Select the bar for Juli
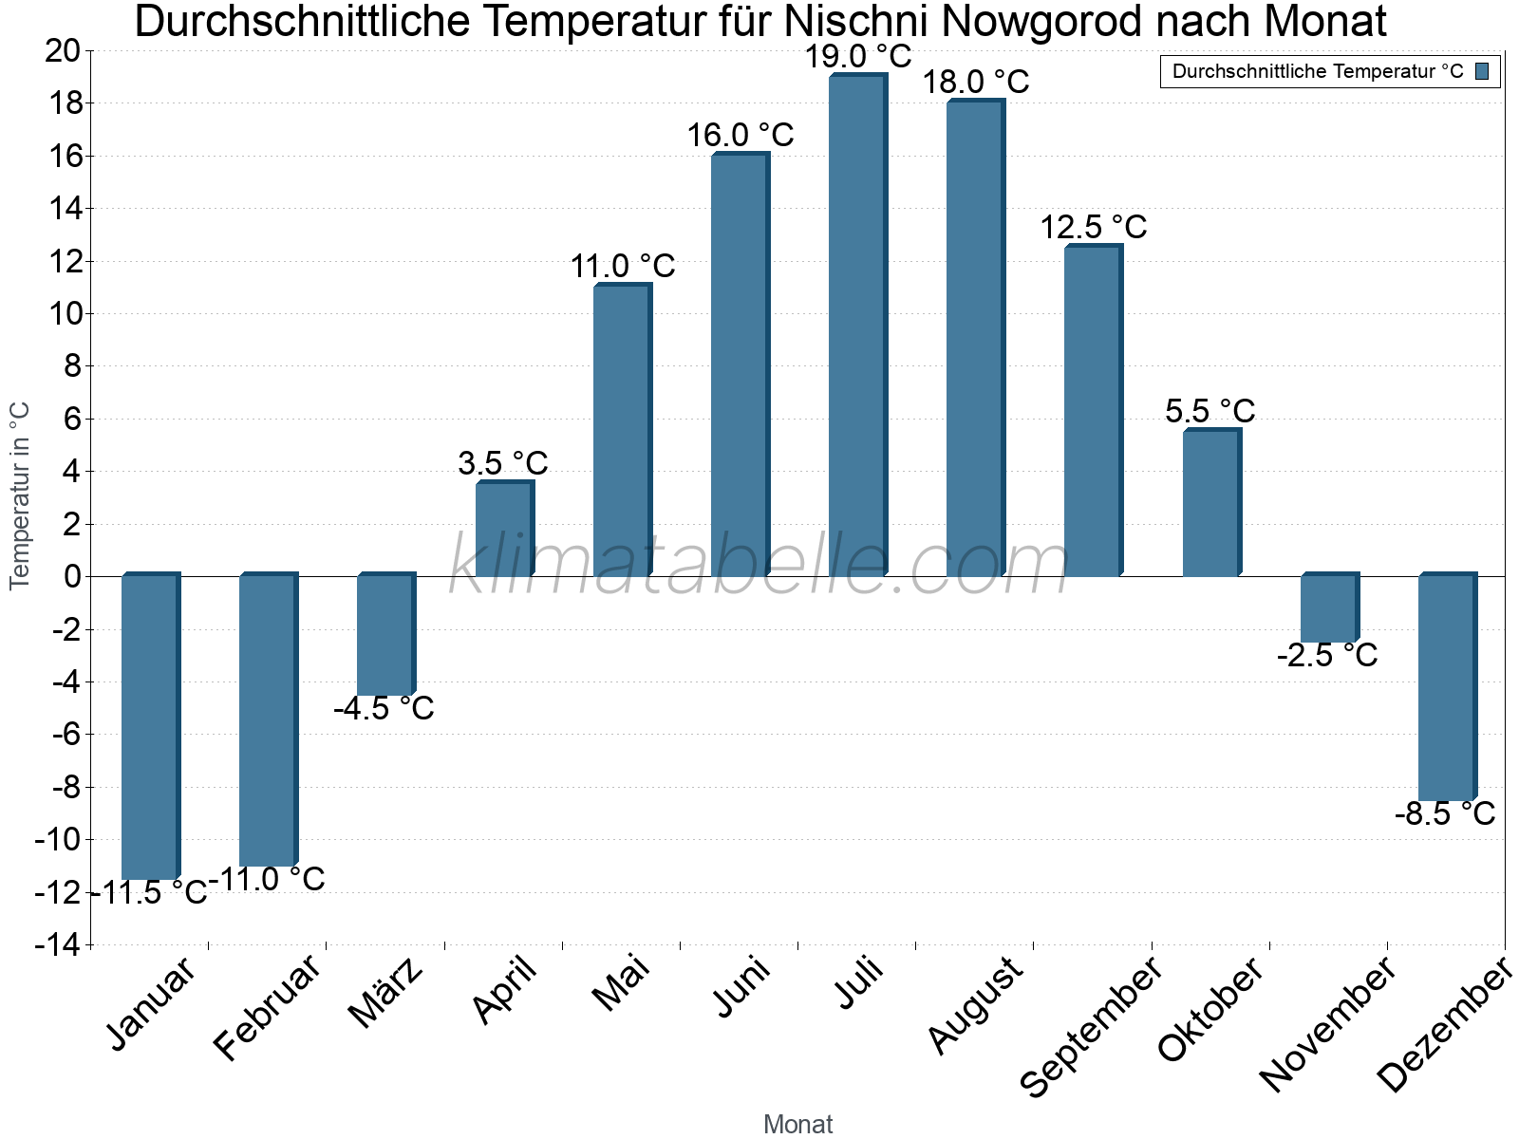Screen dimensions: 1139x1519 (857, 326)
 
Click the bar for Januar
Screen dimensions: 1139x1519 (150, 727)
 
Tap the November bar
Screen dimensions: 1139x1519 (1328, 608)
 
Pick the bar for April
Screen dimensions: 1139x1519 (504, 529)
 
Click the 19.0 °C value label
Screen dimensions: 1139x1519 (857, 56)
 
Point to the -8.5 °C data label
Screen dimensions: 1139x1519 (1444, 814)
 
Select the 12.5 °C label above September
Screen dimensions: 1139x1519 (1093, 228)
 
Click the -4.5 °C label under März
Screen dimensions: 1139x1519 (384, 708)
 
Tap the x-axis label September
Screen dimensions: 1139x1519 (1092, 1027)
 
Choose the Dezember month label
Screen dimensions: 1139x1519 (1444, 1025)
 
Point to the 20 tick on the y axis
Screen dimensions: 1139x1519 (63, 51)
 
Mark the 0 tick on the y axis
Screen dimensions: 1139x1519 (73, 577)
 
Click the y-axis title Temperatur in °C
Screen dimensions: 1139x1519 (20, 495)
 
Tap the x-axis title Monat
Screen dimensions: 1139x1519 (797, 1125)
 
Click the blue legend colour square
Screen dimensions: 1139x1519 (1482, 71)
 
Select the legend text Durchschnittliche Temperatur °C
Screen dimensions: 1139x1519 (1318, 71)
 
